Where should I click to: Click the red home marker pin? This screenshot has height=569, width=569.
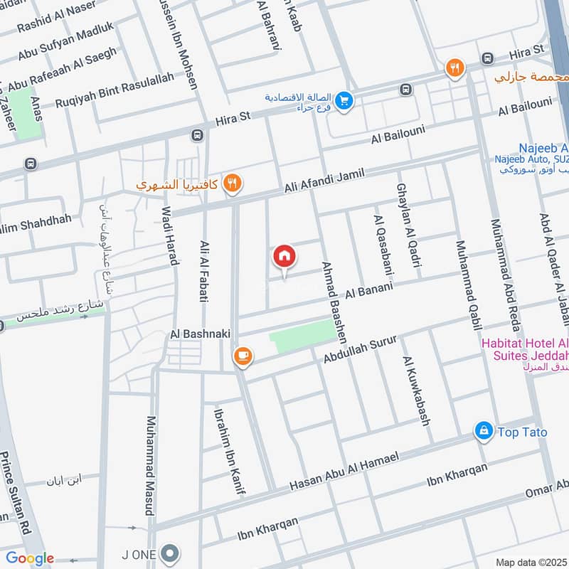284,257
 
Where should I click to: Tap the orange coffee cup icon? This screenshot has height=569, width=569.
243,355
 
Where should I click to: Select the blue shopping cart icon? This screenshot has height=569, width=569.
344,102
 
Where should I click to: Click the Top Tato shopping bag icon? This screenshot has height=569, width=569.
484,431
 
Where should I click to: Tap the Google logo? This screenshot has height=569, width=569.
30,558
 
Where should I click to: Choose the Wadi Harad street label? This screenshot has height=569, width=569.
169,235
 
